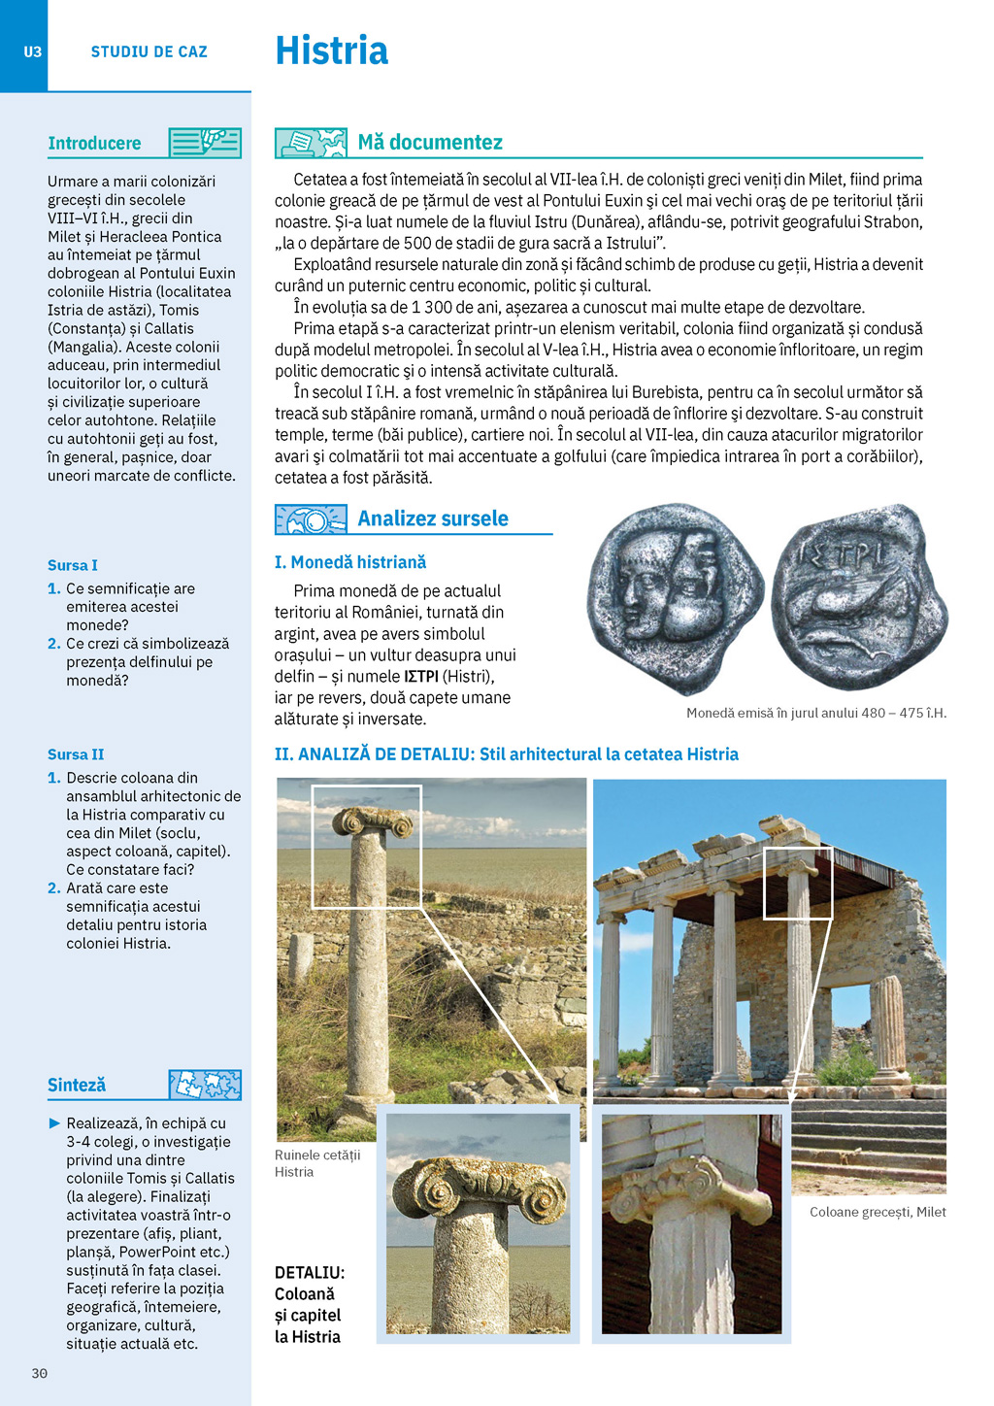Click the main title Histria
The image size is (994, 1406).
(331, 50)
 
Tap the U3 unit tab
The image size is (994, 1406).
(32, 51)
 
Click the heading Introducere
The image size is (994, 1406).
(94, 144)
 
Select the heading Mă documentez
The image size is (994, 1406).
(430, 143)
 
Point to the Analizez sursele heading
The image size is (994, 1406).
(433, 519)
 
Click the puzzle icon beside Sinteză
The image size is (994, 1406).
(205, 1085)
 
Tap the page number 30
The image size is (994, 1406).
(40, 1373)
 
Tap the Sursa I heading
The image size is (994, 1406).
(73, 565)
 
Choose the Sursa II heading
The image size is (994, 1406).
(76, 754)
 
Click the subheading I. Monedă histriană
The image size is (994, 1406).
(350, 562)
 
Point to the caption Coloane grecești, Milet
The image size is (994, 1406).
(878, 1212)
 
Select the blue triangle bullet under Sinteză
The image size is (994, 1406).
(54, 1123)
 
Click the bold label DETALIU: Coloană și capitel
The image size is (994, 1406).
(310, 1304)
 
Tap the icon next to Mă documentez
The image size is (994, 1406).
(311, 143)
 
